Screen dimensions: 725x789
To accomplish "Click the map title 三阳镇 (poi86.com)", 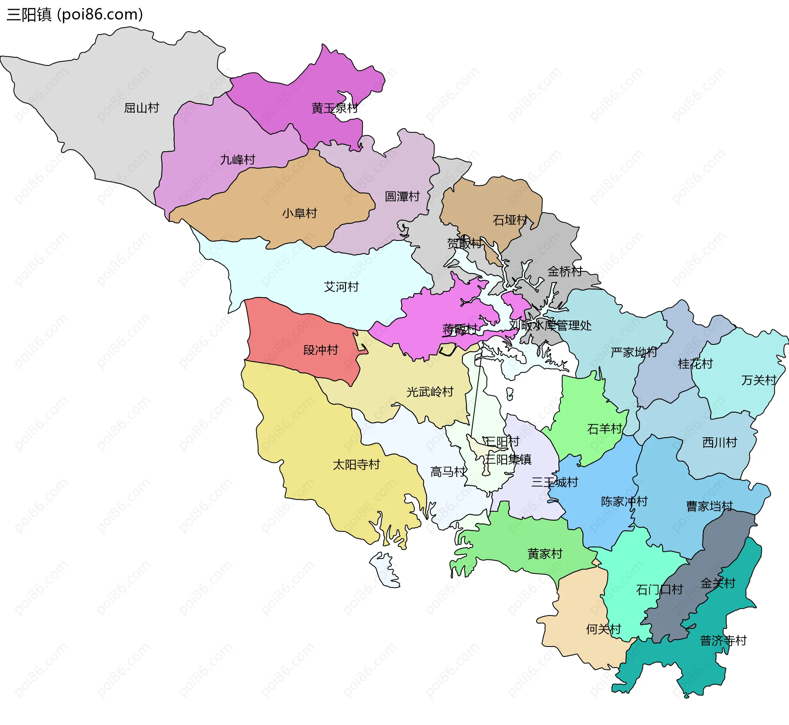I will [75, 14].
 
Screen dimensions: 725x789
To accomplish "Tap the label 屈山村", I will [141, 108].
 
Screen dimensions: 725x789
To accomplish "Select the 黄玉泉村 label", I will [335, 109].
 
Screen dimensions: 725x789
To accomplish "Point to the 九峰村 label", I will [238, 159].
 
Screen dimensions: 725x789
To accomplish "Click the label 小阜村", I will [300, 213].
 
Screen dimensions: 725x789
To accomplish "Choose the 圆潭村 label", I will [402, 196].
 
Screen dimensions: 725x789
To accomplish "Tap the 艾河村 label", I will [341, 287].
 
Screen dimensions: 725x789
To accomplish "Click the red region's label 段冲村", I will [321, 350].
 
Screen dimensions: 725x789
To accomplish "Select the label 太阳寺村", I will [356, 465].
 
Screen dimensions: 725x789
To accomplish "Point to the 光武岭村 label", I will [430, 392].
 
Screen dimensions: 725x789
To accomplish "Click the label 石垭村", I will [510, 220].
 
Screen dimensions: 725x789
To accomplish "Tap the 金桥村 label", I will [565, 272].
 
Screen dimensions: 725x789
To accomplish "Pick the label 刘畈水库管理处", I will [550, 326].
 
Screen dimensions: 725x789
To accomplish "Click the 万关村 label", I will [759, 380].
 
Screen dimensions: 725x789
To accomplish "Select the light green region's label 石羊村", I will [604, 429].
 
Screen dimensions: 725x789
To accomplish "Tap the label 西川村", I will [720, 443].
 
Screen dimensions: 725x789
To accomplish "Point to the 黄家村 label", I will [544, 554].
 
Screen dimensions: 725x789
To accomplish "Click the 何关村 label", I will [603, 629].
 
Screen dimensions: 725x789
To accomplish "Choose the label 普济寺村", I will [723, 641].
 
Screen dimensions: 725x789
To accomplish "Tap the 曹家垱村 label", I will [709, 506].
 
